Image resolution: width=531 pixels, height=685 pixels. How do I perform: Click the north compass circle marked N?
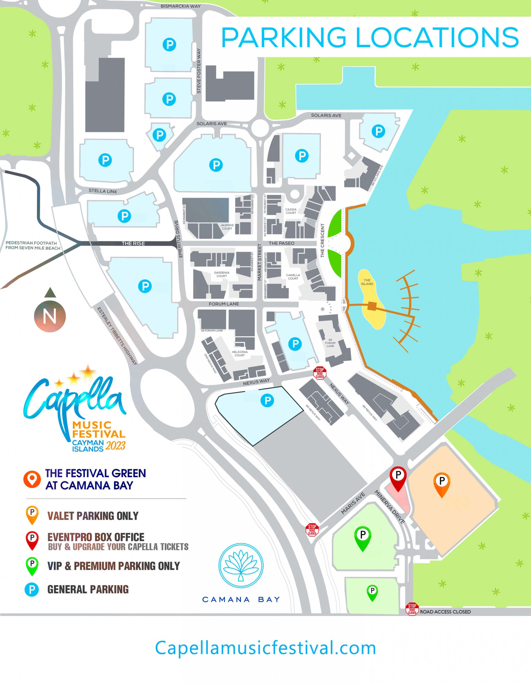50,316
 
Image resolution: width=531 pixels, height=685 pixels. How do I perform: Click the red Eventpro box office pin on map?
398,477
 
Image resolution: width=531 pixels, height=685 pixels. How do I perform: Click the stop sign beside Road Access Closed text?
412,609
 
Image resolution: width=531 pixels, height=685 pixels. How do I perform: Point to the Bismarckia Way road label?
180,6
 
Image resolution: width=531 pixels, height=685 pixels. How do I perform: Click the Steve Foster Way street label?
199,71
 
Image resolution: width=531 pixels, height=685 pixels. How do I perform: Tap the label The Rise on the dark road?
133,243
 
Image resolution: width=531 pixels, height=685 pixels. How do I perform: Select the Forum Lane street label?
224,304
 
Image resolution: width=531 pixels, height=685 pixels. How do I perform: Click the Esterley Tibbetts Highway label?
117,336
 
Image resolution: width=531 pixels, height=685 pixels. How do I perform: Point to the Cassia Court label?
291,211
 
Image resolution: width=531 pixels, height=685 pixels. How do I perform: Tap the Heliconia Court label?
239,353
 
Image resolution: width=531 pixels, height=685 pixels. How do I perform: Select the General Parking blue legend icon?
32,590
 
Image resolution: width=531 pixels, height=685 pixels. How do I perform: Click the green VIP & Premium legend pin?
32,565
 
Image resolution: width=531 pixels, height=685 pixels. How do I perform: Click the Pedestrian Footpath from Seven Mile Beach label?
33,245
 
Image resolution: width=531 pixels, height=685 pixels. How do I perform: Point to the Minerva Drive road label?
389,507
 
